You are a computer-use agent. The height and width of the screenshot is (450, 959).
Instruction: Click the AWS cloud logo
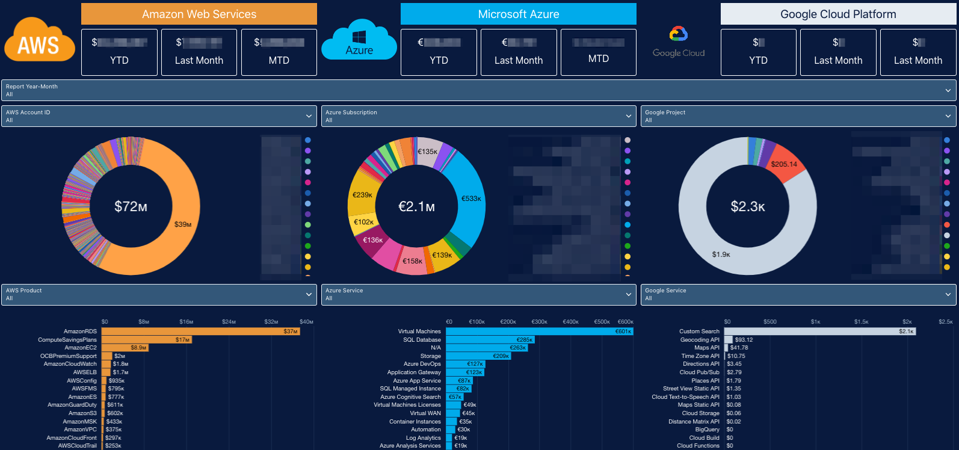point(39,41)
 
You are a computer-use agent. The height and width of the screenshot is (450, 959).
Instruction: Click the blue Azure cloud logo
point(359,41)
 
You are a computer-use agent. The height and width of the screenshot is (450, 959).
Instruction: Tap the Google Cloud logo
point(679,42)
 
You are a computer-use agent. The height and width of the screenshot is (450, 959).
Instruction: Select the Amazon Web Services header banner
point(199,14)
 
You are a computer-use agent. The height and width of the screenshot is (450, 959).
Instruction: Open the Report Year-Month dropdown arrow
point(948,90)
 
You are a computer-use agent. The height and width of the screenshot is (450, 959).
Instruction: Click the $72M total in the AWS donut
point(131,206)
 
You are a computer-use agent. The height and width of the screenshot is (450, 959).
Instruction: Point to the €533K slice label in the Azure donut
point(471,199)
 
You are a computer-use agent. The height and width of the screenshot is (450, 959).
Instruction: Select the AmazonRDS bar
point(200,331)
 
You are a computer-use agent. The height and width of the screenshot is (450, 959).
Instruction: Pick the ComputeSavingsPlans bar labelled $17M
point(146,340)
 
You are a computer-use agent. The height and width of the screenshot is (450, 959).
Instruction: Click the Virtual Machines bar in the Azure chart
point(539,331)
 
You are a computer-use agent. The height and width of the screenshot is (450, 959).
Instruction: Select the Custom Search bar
point(819,331)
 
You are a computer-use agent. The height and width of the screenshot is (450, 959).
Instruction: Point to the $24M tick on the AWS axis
point(229,322)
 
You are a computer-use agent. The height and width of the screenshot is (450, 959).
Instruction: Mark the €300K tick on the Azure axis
point(539,322)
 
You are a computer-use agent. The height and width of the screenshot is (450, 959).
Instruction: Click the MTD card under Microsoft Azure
point(598,52)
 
